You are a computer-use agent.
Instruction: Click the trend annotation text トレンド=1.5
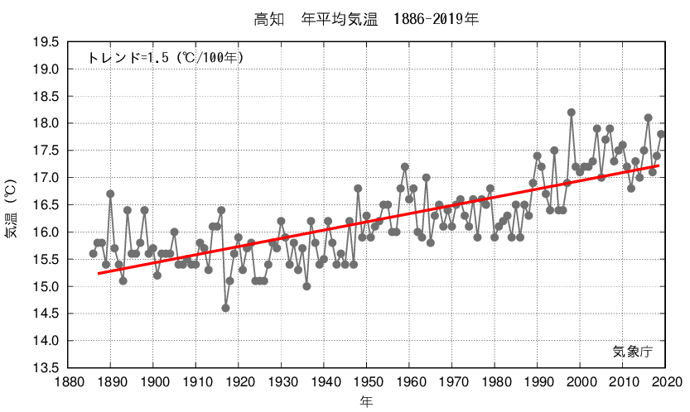166,58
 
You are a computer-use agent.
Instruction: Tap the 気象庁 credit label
633,352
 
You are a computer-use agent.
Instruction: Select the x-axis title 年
366,401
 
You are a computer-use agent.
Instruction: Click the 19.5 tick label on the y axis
45,43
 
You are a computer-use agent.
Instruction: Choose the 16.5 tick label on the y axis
45,205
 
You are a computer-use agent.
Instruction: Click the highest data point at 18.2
572,113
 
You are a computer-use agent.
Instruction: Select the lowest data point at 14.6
225,308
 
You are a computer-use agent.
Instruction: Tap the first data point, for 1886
94,253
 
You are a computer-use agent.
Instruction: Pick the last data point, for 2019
661,134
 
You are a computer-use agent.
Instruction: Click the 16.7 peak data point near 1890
110,194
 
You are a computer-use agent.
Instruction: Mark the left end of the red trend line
98,273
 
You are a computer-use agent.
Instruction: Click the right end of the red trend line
660,166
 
